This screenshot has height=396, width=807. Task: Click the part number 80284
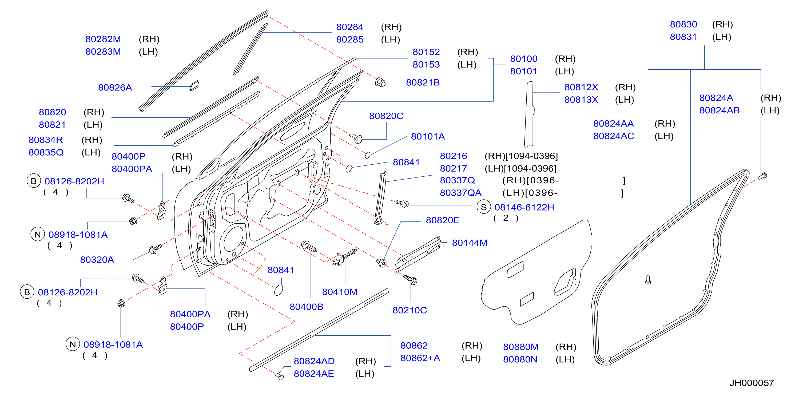(x=350, y=27)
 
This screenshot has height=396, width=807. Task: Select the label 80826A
(x=115, y=88)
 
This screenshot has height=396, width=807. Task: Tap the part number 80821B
(x=423, y=82)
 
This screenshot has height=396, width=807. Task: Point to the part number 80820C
(x=386, y=116)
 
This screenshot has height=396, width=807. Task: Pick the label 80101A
(x=428, y=136)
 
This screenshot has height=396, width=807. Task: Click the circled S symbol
(x=484, y=207)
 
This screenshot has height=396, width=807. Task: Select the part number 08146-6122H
(x=524, y=207)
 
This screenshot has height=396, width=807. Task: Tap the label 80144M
(x=470, y=243)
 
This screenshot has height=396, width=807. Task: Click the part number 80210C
(x=410, y=310)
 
